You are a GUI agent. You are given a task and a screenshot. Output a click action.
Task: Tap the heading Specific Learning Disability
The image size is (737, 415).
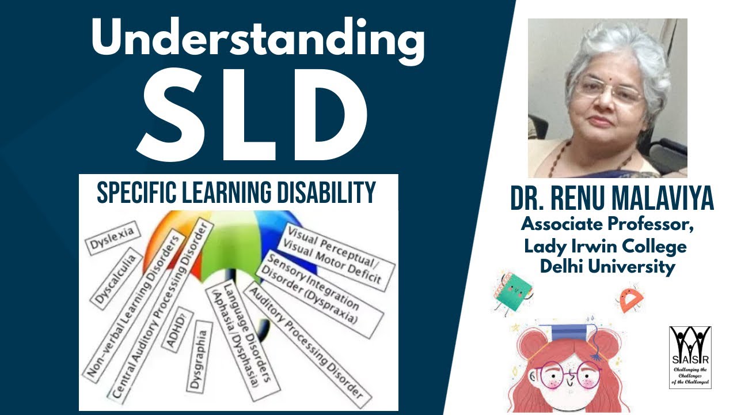(237, 192)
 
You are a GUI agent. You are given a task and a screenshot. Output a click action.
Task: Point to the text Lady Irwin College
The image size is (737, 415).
(605, 246)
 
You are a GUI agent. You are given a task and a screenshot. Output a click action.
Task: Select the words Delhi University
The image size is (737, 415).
(607, 267)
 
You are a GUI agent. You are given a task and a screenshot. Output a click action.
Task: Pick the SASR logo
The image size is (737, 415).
(690, 357)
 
